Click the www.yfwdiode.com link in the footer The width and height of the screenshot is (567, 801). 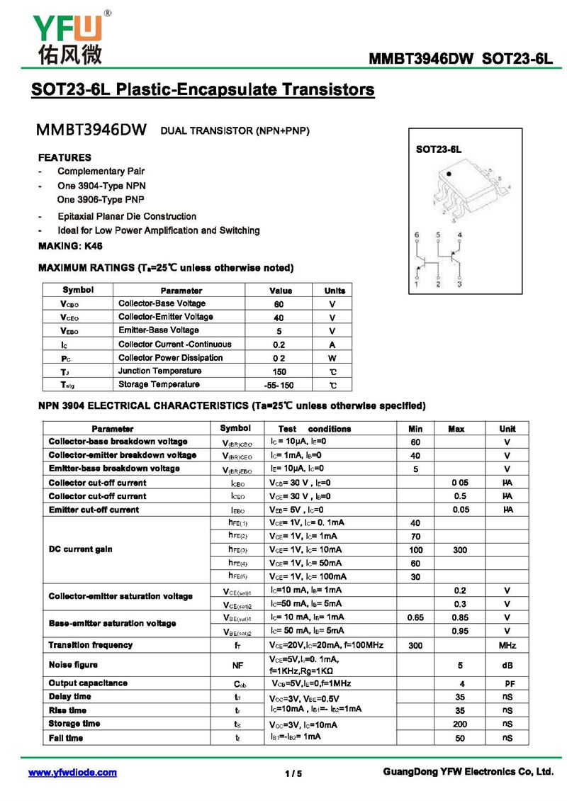point(72,773)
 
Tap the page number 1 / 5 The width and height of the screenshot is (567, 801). point(293,773)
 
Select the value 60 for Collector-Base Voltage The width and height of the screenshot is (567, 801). point(279,304)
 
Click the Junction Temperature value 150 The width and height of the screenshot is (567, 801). point(279,371)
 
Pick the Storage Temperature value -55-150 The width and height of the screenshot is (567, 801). point(279,386)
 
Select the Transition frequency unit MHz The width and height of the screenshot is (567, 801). point(507,646)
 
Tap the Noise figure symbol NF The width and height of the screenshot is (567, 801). point(237,666)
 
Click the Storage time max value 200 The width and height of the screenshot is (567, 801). point(460,724)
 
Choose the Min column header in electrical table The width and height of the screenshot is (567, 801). point(415,429)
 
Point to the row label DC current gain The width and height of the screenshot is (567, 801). point(81,549)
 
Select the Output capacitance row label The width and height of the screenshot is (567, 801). point(88,683)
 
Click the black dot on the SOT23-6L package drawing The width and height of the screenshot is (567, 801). point(448,173)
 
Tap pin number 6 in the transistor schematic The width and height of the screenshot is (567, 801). point(417,235)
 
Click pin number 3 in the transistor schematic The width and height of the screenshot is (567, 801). point(459,284)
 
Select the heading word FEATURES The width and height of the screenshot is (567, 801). point(64,157)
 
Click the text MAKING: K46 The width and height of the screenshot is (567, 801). point(70,245)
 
